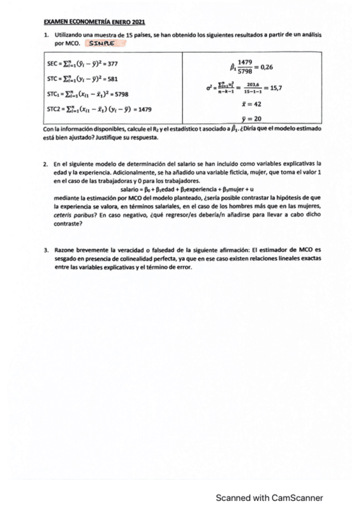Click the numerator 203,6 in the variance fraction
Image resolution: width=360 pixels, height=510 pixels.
(246, 85)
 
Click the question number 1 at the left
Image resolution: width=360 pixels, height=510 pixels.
(46, 36)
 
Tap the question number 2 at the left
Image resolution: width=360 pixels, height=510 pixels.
(46, 164)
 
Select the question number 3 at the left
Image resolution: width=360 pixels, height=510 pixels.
(46, 250)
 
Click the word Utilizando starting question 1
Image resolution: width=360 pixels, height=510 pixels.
(69, 36)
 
